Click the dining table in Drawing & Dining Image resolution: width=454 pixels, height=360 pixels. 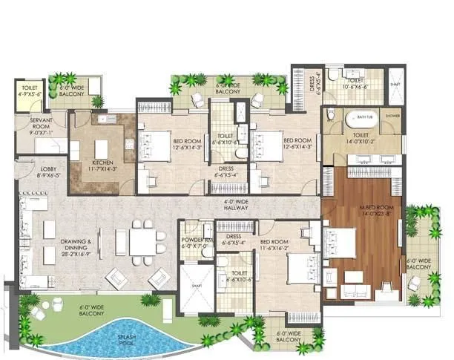142,241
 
